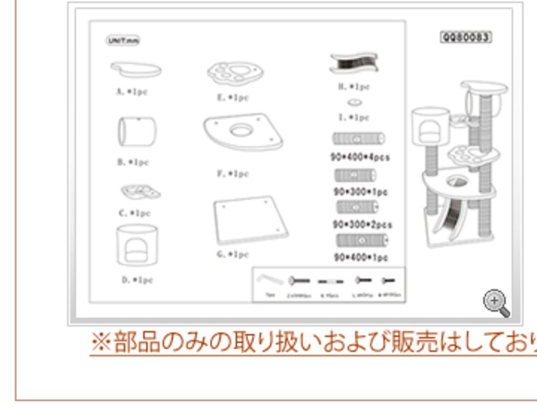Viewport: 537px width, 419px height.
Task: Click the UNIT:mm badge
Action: pos(123,41)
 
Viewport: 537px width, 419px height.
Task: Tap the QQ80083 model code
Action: pos(465,37)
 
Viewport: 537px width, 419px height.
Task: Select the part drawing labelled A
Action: pos(135,70)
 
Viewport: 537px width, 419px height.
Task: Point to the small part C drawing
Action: pos(139,191)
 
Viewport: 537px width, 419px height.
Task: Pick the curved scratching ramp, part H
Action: pos(354,64)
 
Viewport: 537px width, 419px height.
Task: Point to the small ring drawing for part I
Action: pos(354,103)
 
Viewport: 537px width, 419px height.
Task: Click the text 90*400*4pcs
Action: pos(359,157)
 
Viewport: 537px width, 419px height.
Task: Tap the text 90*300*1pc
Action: pos(360,191)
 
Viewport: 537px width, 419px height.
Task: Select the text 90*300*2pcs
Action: pos(362,224)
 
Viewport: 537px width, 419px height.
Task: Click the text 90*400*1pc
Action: pos(360,257)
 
